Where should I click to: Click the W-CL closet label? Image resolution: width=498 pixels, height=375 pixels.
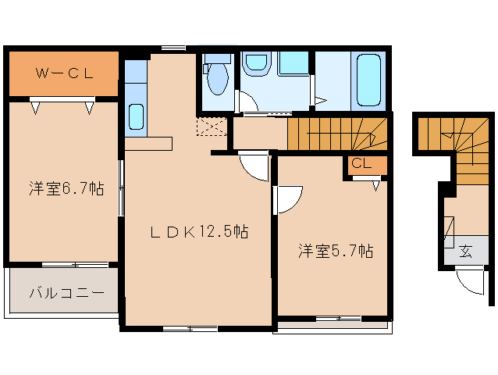[x=65, y=73]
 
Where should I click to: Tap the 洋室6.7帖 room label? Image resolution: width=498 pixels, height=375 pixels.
[x=66, y=189]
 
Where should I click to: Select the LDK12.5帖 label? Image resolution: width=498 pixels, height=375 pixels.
[x=199, y=231]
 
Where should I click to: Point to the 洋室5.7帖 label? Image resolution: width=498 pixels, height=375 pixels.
[x=336, y=251]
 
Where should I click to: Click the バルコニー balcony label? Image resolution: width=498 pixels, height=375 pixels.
[x=66, y=293]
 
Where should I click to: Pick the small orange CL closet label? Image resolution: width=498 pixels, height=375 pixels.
[x=361, y=163]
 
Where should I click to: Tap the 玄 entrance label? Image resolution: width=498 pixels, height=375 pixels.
[x=465, y=252]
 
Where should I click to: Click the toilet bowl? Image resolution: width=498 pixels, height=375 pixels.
[x=218, y=80]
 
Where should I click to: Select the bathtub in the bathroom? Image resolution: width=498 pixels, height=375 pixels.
[x=368, y=80]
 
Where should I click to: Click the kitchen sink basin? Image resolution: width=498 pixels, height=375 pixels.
[x=137, y=116]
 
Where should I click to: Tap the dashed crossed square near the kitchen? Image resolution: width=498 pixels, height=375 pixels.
[x=212, y=127]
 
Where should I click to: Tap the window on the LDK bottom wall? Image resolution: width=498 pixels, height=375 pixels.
[x=190, y=329]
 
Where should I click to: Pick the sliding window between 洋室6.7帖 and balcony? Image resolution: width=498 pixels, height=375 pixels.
[x=75, y=264]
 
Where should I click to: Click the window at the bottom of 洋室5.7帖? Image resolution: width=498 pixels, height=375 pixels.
[x=339, y=319]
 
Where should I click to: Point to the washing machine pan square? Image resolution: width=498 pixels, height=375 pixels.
[x=293, y=63]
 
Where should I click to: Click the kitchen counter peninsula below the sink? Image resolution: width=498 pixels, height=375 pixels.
[x=148, y=144]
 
